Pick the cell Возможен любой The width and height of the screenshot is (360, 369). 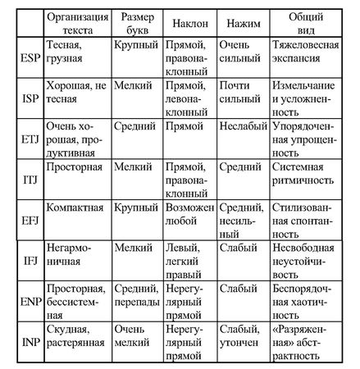(x=189, y=214)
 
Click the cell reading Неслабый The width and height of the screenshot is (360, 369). (x=239, y=127)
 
